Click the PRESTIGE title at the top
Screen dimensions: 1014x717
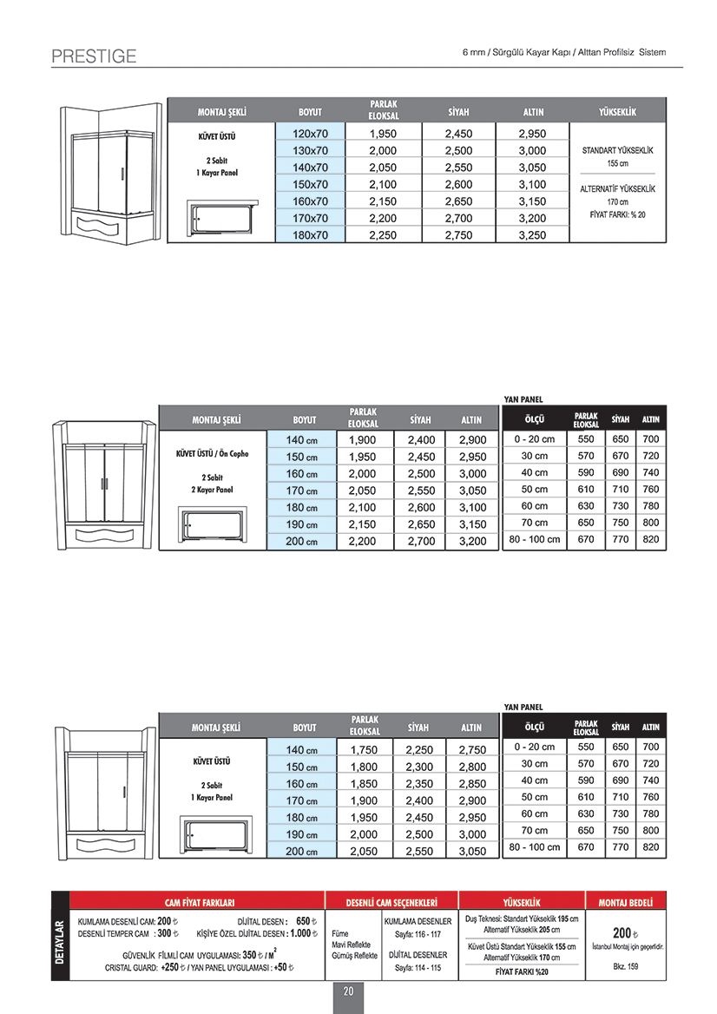94,56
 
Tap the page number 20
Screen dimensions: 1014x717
348,991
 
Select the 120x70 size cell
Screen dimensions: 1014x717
310,134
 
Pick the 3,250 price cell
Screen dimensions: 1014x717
531,234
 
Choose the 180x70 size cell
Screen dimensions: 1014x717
310,234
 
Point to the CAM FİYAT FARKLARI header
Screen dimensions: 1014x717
200,902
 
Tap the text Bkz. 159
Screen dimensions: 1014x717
625,966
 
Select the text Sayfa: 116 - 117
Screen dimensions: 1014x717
418,934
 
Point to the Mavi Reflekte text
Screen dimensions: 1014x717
352,945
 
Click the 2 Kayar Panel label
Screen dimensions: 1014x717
212,490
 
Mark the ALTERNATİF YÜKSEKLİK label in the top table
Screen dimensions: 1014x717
617,188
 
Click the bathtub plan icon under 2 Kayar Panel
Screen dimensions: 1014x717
213,525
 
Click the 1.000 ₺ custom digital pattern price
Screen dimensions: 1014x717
300,933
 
